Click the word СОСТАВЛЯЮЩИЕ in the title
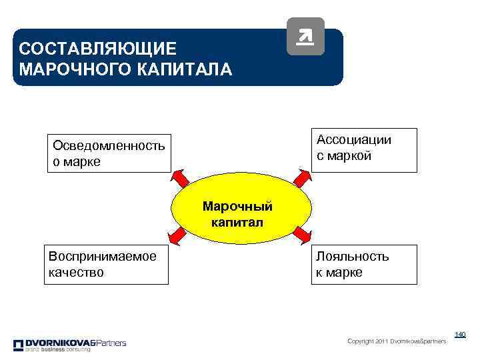point(98,49)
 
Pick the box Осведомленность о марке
point(108,154)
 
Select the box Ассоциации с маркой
point(365,150)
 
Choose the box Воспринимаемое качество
point(106,265)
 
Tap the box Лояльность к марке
point(365,265)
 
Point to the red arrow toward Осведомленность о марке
point(181,178)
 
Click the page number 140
point(459,334)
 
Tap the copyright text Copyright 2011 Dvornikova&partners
point(397,341)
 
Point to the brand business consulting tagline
point(57,350)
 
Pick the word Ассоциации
point(354,140)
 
